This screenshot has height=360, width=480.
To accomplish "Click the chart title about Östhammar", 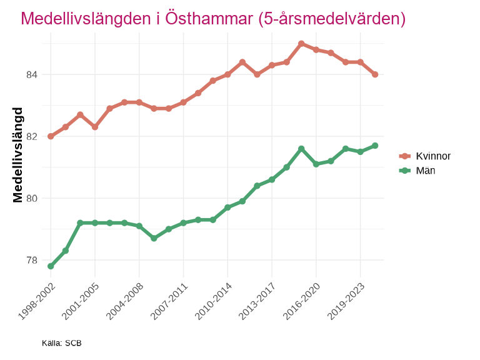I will [213, 19].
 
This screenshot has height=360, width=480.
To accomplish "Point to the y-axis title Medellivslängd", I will [18, 155].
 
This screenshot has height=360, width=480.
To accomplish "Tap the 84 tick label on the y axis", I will [32, 75].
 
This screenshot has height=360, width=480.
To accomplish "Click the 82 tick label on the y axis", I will [32, 136].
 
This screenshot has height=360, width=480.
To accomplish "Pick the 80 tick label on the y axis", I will [32, 199].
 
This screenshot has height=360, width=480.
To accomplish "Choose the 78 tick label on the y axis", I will [32, 260].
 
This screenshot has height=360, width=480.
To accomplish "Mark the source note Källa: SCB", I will [62, 343].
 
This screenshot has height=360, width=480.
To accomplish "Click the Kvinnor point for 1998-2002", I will [51, 136].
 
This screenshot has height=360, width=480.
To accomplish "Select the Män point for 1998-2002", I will [51, 266].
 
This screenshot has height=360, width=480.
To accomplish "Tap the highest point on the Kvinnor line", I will [301, 44].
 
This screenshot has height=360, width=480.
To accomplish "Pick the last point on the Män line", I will [375, 146].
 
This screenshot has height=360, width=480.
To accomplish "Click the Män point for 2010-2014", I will [227, 207].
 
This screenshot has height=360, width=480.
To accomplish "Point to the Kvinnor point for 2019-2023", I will [361, 62].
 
